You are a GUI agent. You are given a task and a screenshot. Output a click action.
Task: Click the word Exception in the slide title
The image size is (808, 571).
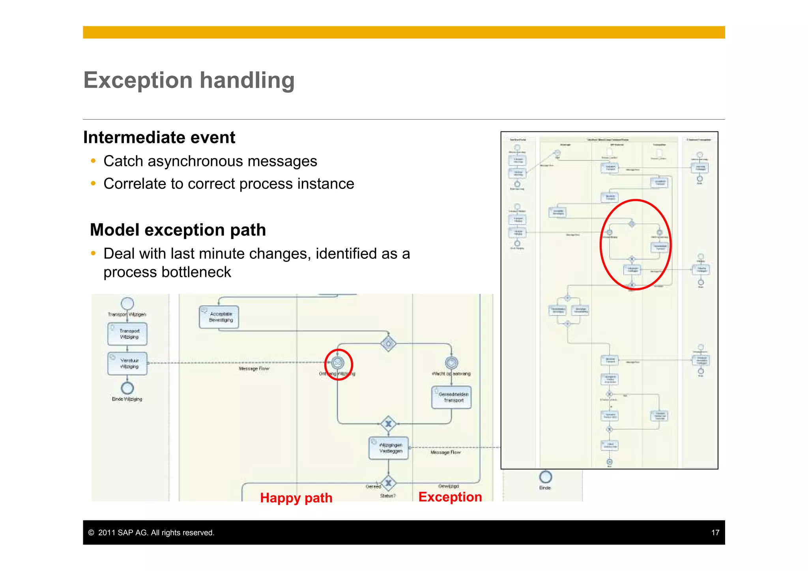pos(137,81)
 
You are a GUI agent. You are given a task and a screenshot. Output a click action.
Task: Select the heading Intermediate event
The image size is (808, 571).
pos(159,138)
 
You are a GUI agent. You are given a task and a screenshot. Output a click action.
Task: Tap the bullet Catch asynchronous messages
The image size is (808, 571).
pos(210,161)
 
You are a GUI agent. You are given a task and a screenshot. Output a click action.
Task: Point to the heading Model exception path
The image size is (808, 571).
pos(178,230)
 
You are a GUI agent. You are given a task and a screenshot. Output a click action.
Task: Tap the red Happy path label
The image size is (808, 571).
pos(296,498)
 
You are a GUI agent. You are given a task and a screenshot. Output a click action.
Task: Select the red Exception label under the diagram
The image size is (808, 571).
pos(450,497)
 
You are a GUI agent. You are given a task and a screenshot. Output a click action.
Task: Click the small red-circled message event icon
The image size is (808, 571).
pos(338,362)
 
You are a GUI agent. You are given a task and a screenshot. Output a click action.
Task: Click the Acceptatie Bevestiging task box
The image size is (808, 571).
pos(219,317)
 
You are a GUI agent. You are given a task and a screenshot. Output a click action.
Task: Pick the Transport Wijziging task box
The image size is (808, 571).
pos(127,334)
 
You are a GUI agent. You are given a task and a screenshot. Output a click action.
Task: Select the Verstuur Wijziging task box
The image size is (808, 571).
pos(127,363)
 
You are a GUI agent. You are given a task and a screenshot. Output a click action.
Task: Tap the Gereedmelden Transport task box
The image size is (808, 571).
pos(451,397)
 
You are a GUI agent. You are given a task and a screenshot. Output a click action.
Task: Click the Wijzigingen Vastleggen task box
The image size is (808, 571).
pos(389,448)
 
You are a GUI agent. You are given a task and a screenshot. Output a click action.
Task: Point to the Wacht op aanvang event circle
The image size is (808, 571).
pos(451,362)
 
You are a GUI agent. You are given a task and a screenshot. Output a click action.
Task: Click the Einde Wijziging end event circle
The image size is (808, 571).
pos(127,388)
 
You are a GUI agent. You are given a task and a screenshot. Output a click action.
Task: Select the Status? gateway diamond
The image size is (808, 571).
pos(389,483)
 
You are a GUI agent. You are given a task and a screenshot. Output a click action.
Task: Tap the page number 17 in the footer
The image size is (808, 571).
pos(715,533)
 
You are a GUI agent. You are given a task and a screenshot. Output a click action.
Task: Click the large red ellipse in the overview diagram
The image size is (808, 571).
pos(600,245)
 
